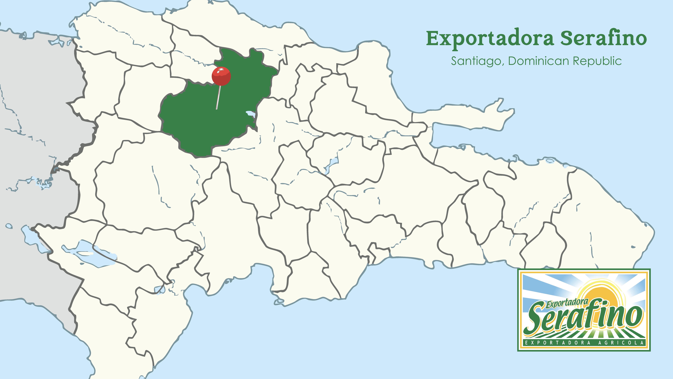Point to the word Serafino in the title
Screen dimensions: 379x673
point(604,39)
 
